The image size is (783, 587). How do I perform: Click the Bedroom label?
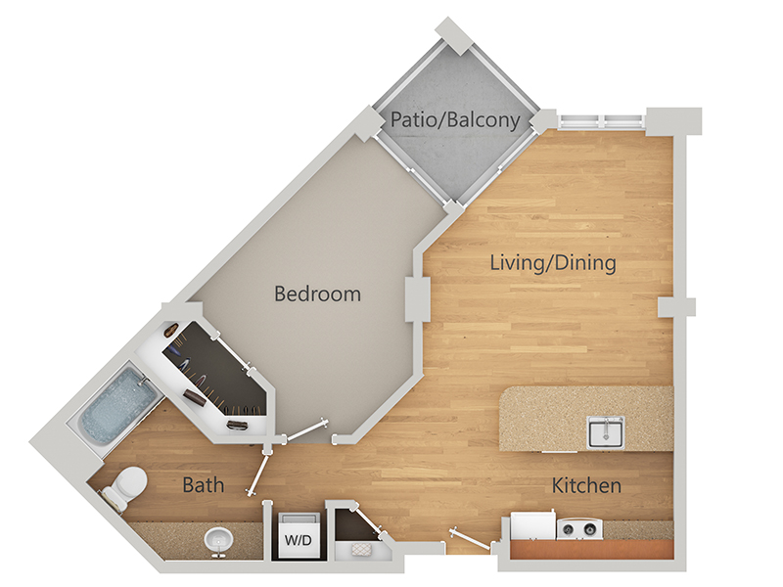[x=317, y=293]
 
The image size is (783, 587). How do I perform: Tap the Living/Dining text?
[x=553, y=263]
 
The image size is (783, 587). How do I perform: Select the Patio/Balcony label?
[x=455, y=119]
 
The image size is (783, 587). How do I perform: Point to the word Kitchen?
[x=586, y=485]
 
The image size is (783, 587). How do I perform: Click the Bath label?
[x=204, y=484]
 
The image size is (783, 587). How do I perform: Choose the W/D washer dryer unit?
[x=299, y=534]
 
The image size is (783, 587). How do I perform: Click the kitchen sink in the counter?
[x=606, y=431]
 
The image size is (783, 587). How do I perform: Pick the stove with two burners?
[x=579, y=528]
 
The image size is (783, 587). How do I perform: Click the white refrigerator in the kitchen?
[x=532, y=525]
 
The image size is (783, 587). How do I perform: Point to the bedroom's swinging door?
[x=307, y=431]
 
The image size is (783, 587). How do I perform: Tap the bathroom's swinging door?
[x=259, y=473]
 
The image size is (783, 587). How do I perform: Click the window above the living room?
[x=601, y=121]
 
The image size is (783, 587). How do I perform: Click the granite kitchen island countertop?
[x=586, y=419]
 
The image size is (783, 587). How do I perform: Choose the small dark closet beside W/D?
[x=354, y=525]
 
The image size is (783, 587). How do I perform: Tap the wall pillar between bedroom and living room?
[x=417, y=299]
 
